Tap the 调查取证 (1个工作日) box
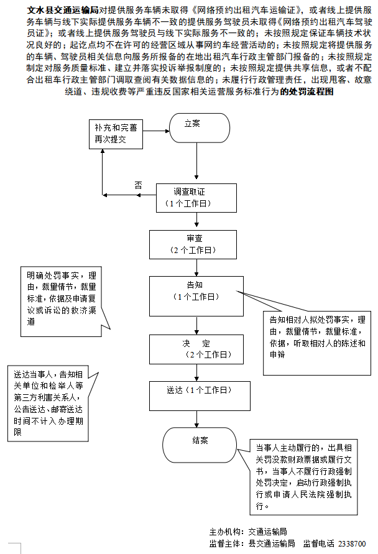pyautogui.click(x=196, y=198)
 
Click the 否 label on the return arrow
pyautogui.click(x=138, y=185)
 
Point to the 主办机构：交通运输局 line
pyautogui.click(x=249, y=532)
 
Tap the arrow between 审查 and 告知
pyautogui.click(x=197, y=267)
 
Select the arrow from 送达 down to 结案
pyautogui.click(x=197, y=417)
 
